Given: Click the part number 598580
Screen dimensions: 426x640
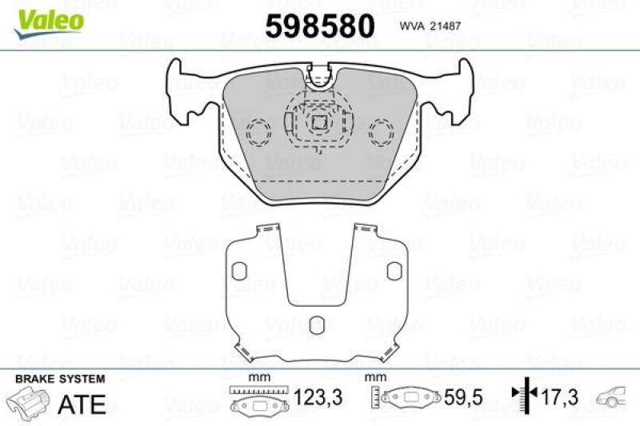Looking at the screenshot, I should [x=320, y=26].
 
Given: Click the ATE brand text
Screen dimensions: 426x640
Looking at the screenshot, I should [x=82, y=404].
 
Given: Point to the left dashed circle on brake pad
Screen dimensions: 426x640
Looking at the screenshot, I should [x=258, y=131].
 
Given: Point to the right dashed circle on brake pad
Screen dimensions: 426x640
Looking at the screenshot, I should [x=381, y=131].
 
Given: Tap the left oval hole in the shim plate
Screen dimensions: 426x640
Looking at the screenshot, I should [x=237, y=272].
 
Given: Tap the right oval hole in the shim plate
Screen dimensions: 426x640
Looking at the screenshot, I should [x=394, y=272].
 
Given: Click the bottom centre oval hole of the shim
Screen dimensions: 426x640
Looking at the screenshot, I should [x=316, y=324].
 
